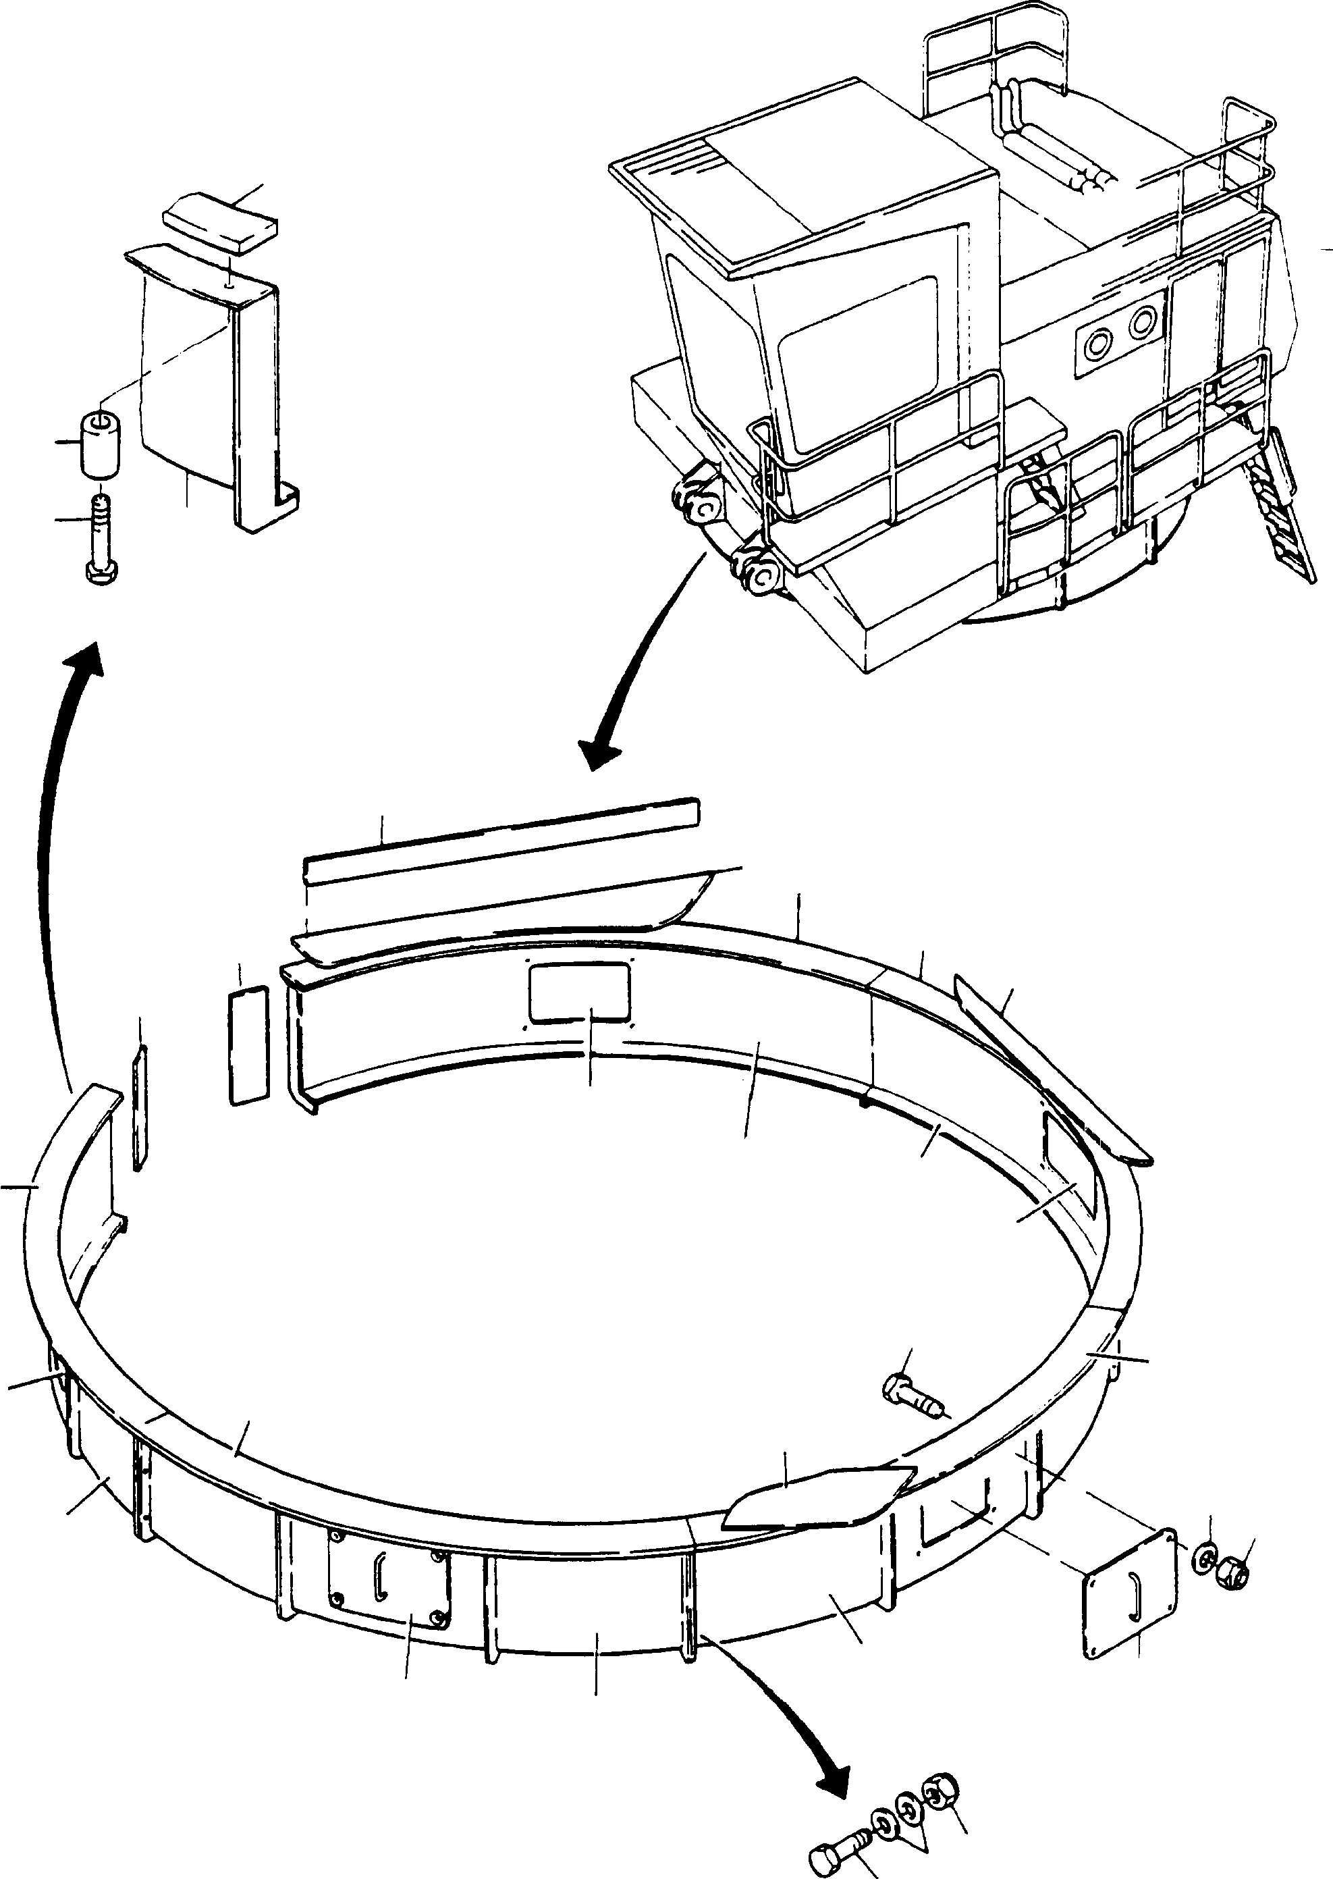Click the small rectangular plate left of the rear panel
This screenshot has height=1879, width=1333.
(248, 1045)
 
